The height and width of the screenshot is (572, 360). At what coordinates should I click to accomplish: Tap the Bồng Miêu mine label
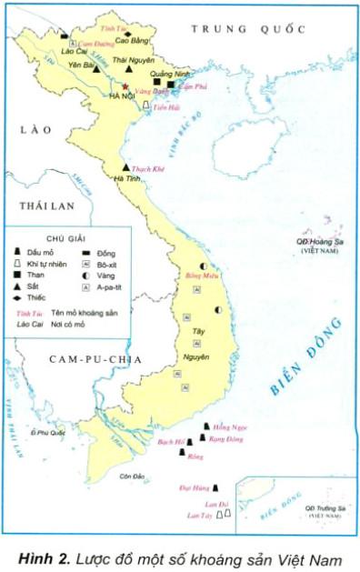tap(202, 274)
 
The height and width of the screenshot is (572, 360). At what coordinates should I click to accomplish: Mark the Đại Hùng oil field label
tap(194, 487)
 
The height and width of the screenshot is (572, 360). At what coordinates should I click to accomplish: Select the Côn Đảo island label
tap(133, 477)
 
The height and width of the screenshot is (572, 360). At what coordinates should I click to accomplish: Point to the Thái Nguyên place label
tap(132, 60)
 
